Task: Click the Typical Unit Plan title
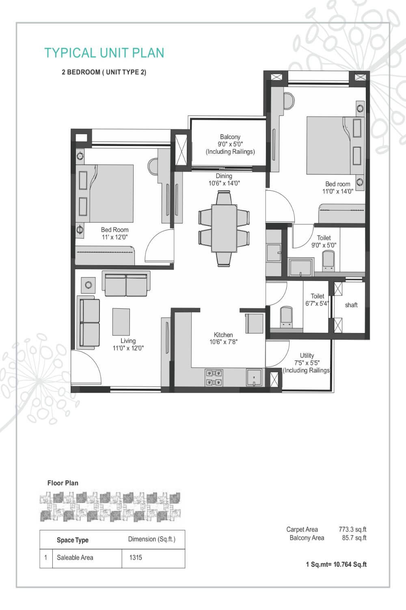[104, 53]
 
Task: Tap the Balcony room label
[230, 137]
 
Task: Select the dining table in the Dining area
[224, 228]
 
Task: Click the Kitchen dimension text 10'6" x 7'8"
[223, 342]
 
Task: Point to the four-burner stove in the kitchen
[214, 377]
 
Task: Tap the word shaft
[351, 305]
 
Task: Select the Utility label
[307, 355]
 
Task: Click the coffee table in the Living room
[121, 321]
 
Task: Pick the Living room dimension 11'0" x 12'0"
[128, 348]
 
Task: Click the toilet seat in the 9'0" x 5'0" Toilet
[328, 260]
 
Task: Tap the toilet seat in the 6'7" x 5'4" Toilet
[287, 316]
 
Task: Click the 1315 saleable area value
[136, 558]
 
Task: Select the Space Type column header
[73, 540]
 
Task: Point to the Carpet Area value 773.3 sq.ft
[352, 529]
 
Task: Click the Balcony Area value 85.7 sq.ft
[354, 538]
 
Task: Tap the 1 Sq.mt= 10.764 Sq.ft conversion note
[336, 564]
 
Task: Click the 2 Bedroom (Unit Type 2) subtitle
[104, 72]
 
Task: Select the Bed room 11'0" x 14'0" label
[338, 187]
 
